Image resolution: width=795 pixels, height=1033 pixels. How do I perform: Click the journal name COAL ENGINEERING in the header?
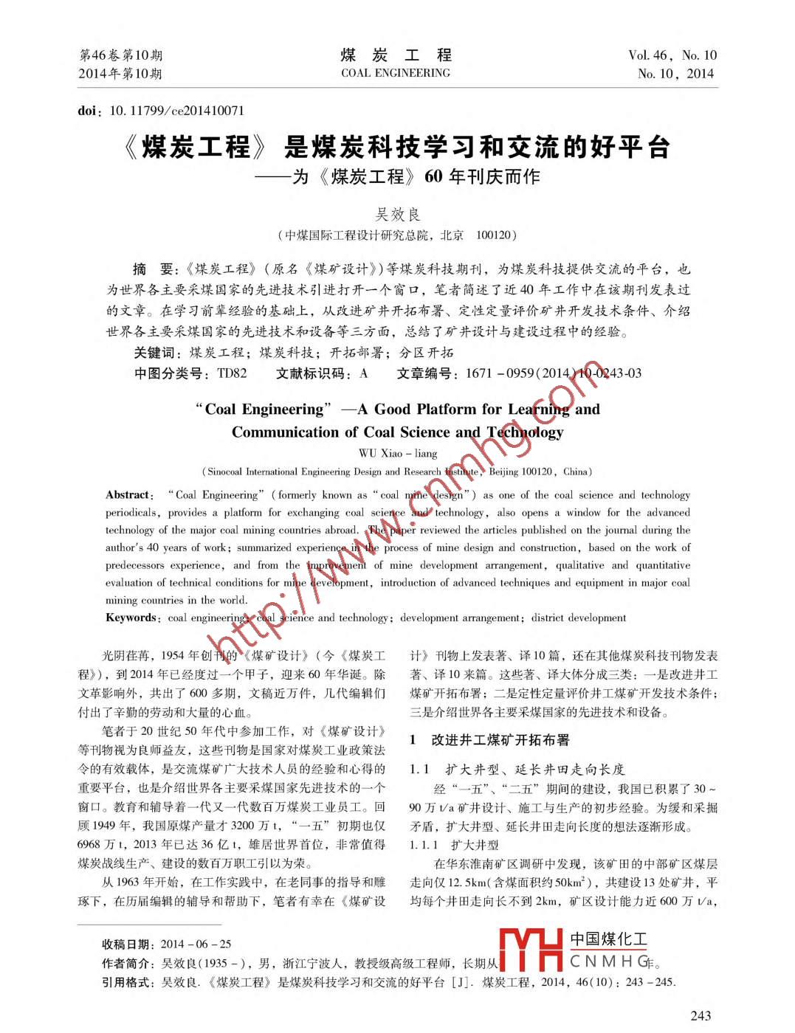pos(395,73)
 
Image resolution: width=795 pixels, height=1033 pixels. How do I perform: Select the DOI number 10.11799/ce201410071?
pos(177,111)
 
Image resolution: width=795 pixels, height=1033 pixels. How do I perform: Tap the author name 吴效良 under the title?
pos(398,214)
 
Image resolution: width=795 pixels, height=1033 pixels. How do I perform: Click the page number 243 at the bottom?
pos(701,1015)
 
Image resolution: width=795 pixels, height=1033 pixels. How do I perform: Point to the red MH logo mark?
pos(531,949)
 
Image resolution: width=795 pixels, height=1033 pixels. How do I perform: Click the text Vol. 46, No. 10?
pos(672,55)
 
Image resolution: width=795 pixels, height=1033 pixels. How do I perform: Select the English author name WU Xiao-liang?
pos(398,453)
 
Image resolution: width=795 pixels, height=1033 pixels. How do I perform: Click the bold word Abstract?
pos(128,495)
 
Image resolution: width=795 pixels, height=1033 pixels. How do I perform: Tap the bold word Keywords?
pos(131,618)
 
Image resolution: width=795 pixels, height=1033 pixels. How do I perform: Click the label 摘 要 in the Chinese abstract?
pos(153,269)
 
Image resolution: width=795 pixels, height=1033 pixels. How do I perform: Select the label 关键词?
pos(157,353)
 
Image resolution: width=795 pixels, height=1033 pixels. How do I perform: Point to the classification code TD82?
pos(232,373)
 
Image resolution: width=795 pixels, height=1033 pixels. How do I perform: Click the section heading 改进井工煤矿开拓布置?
pos(500,740)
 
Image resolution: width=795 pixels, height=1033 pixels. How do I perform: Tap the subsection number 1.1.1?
pos(424,846)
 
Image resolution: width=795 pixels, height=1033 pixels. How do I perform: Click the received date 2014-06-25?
pos(196,944)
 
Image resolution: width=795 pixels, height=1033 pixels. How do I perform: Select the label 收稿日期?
pos(128,944)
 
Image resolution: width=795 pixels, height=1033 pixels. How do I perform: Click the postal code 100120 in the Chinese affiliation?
pos(493,235)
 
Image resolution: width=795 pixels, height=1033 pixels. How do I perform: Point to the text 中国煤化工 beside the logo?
pos(608,939)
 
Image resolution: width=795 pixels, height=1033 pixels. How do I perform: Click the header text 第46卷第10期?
pos(120,55)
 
